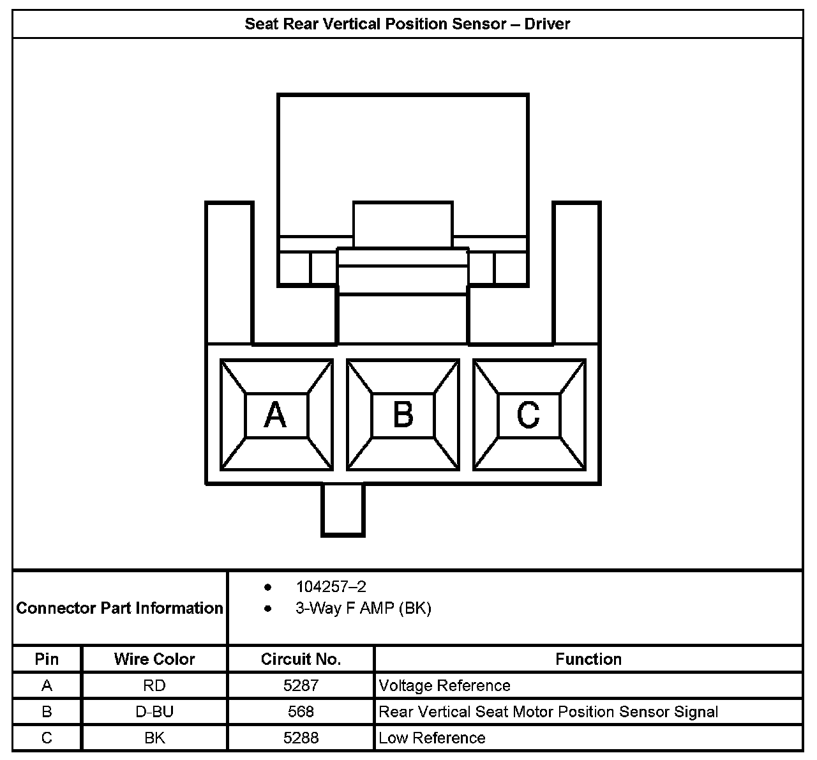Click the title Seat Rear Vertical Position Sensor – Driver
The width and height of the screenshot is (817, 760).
(407, 24)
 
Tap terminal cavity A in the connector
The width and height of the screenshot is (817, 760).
(276, 415)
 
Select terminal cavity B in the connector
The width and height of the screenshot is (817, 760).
(403, 415)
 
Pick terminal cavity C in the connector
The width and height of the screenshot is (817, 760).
(528, 415)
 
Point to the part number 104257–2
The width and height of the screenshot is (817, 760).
(331, 586)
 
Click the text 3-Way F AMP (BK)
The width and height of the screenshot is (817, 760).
(363, 608)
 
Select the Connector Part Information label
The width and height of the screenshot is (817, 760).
(120, 608)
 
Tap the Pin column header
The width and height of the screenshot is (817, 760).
(47, 659)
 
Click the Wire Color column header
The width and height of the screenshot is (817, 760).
(154, 659)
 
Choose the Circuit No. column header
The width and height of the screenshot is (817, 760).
(301, 659)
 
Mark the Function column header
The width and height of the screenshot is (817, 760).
(588, 659)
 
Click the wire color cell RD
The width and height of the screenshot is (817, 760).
(154, 686)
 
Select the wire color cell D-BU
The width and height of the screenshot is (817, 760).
(154, 712)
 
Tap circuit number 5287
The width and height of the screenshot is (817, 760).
(301, 686)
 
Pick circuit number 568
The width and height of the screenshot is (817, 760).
(301, 712)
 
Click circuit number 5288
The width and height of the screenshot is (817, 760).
(301, 738)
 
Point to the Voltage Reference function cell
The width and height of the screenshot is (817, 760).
(444, 686)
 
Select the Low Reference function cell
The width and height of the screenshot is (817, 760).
(431, 738)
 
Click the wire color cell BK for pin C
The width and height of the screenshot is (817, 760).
(154, 738)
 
